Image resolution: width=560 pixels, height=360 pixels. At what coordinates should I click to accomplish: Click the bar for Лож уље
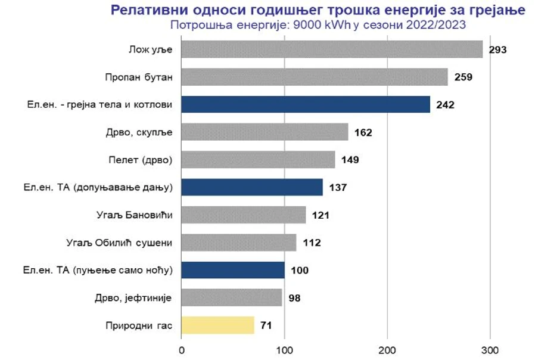tap(332, 49)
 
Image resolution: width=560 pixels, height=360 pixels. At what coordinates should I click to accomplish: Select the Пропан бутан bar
tap(315, 77)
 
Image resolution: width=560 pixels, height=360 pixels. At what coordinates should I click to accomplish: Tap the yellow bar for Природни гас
tap(217, 325)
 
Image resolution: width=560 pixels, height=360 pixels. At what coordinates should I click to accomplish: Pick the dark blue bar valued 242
tap(306, 105)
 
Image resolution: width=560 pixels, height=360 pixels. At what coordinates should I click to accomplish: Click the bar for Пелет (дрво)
tap(258, 160)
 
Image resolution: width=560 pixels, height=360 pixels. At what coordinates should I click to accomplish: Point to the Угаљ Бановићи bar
tap(244, 215)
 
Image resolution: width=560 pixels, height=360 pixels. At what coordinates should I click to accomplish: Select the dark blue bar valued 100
tap(233, 270)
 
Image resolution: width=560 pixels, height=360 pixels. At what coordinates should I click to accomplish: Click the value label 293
tap(497, 49)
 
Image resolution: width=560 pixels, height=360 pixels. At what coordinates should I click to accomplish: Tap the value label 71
tap(266, 325)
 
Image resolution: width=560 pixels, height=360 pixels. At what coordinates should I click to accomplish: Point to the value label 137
tap(338, 188)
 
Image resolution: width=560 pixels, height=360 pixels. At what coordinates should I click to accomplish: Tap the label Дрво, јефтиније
tap(134, 298)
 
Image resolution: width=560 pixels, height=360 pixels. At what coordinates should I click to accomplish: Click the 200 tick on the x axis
tap(388, 348)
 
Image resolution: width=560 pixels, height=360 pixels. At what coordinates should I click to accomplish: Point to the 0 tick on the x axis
tap(182, 348)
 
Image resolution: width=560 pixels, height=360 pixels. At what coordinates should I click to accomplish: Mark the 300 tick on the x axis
tap(490, 348)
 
